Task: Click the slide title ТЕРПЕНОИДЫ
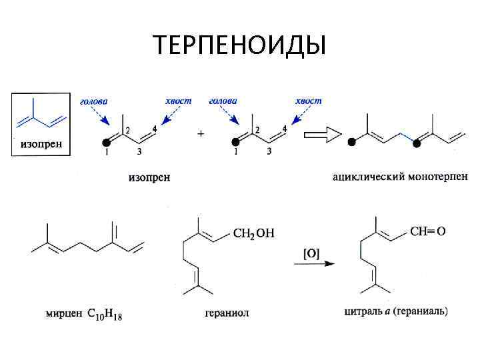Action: [x=239, y=45]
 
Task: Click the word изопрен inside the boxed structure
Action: [x=40, y=144]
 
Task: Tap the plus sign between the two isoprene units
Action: [x=201, y=133]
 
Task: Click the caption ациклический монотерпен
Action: [x=400, y=177]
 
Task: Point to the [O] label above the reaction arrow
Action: [x=312, y=253]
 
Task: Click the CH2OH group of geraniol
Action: [x=254, y=233]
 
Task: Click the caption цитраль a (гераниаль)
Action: [x=396, y=311]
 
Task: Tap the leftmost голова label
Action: [x=93, y=101]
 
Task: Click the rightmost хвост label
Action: [x=308, y=101]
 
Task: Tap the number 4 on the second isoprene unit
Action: [x=285, y=128]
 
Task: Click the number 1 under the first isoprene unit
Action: [x=106, y=153]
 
